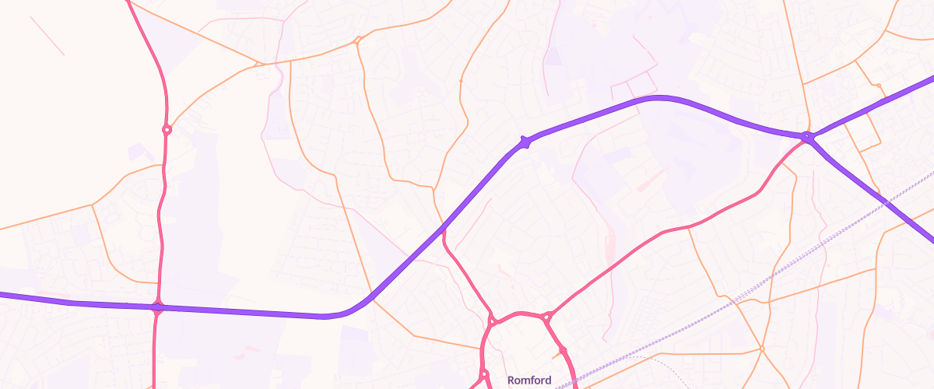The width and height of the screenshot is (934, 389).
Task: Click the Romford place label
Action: pos(529,380)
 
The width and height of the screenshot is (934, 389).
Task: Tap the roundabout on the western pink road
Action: pos(167,130)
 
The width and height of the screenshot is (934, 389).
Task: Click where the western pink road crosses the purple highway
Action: pos(158,307)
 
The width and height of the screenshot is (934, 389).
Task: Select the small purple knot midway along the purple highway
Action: pos(525,142)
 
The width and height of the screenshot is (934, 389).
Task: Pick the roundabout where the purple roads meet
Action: pos(808,138)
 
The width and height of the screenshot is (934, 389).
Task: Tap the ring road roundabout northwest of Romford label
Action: pos(492,321)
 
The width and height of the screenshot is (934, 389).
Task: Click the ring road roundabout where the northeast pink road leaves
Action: pos(546,317)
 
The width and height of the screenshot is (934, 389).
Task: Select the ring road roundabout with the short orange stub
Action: pos(563,351)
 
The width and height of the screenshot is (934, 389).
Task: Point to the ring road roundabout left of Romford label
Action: pos(484,374)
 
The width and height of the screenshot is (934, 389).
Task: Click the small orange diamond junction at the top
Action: pos(357,39)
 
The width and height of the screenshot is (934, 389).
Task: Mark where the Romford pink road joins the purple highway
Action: pos(444,228)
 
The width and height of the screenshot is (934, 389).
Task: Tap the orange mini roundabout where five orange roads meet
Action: pos(762,348)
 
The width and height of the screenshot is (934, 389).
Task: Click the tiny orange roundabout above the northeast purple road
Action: pos(878,84)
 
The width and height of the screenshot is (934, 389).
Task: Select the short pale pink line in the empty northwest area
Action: pos(47,36)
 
